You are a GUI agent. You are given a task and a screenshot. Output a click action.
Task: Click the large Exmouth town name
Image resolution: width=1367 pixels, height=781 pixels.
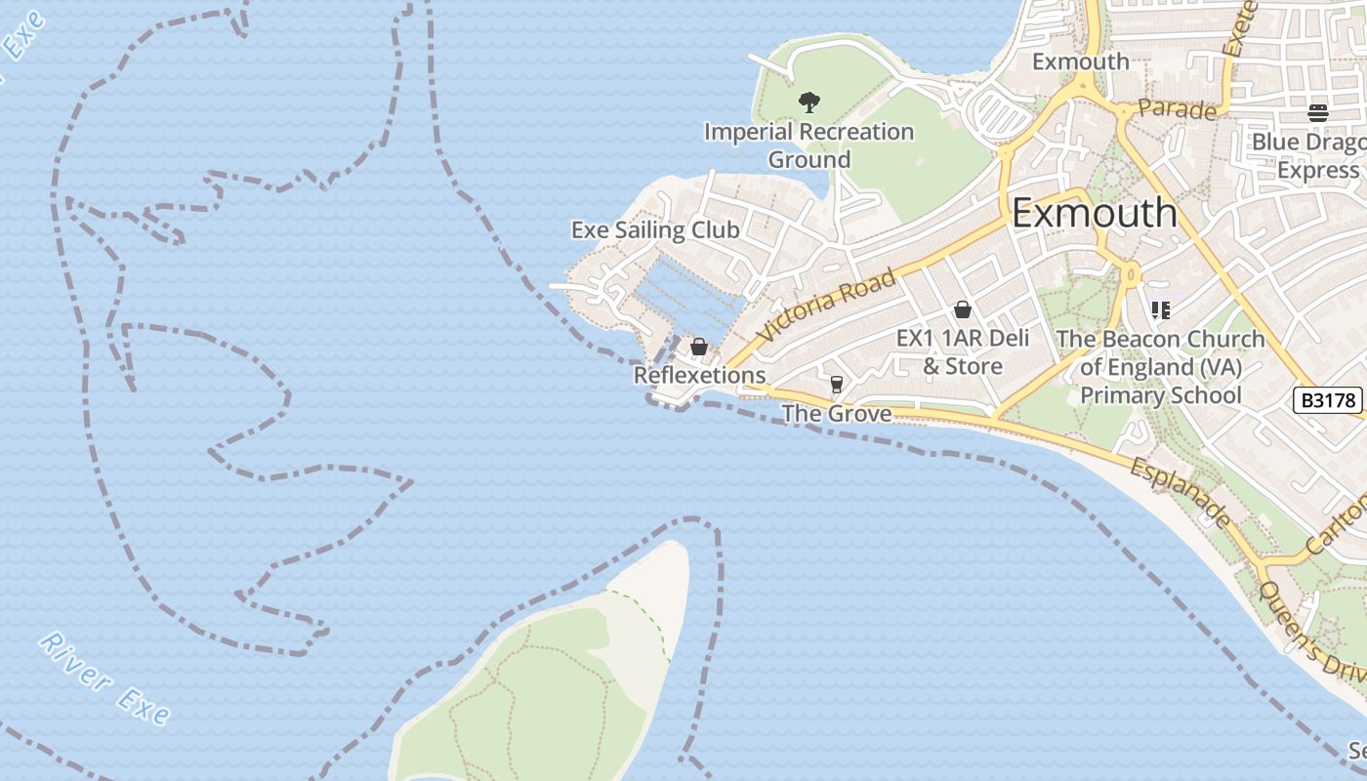click(x=1094, y=213)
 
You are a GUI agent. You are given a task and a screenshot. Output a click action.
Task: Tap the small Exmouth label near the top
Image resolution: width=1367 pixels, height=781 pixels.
click(x=1080, y=62)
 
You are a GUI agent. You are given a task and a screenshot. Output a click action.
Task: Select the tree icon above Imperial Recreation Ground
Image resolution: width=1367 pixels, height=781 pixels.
click(x=808, y=102)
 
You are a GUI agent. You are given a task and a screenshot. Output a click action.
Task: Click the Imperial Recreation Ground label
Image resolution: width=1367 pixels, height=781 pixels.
click(x=808, y=144)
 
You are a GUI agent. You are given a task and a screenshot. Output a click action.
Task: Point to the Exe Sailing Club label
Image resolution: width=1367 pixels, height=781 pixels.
click(x=655, y=230)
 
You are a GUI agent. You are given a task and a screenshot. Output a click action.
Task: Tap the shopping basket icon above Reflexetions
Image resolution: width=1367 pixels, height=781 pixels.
click(x=699, y=347)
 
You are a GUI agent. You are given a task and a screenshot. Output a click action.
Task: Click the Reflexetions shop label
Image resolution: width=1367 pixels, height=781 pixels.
click(x=699, y=375)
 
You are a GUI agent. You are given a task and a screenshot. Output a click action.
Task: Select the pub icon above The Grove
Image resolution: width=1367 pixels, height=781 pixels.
click(x=836, y=385)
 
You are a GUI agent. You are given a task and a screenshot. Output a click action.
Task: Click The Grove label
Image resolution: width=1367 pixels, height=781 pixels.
click(x=837, y=414)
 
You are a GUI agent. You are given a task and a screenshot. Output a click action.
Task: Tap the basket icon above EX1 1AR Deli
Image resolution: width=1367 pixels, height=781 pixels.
click(x=963, y=310)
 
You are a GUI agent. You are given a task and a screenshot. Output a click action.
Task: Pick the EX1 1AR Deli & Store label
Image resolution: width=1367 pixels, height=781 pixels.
click(x=963, y=352)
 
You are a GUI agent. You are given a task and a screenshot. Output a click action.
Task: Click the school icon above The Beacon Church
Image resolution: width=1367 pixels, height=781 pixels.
click(x=1160, y=310)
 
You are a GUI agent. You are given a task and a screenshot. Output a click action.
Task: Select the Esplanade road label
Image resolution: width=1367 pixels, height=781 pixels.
click(x=1181, y=493)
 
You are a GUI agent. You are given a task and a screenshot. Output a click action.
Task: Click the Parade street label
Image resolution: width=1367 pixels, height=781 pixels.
click(x=1177, y=109)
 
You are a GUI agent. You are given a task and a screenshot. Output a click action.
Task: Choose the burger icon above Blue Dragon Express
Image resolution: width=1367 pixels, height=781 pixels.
click(x=1318, y=112)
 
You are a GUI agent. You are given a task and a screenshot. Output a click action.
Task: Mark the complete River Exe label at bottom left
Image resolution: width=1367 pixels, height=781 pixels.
click(x=104, y=678)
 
